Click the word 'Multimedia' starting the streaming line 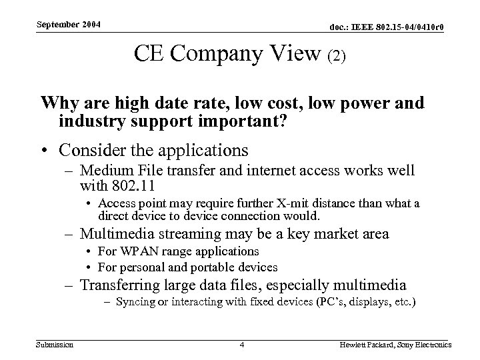pos(111,233)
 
